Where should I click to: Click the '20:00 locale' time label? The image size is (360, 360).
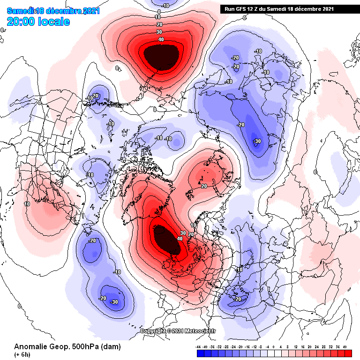click(38, 22)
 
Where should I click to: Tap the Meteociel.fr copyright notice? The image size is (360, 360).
click(178, 331)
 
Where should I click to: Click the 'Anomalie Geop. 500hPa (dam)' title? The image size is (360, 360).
click(67, 347)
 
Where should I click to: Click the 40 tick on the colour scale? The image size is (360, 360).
click(345, 347)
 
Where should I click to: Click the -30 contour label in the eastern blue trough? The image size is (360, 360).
click(256, 141)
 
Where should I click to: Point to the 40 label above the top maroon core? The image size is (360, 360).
click(161, 39)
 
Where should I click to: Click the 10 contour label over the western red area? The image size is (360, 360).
click(27, 204)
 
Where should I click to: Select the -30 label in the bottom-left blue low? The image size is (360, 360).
click(114, 302)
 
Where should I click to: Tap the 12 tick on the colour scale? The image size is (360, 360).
click(296, 347)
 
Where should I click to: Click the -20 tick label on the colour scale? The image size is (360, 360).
click(240, 347)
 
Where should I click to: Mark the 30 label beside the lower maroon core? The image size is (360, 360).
click(183, 233)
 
